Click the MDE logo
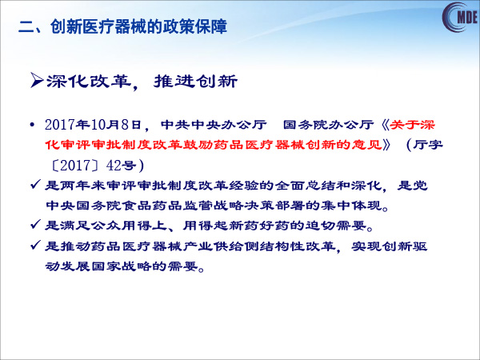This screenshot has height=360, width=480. [461, 17]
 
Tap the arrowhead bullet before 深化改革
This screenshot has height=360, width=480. [37, 80]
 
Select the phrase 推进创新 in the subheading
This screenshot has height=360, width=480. [195, 81]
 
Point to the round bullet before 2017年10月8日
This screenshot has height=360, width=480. [32, 126]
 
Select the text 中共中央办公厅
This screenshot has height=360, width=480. [214, 125]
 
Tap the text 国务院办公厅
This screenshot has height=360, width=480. [328, 125]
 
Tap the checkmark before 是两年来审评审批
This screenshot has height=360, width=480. [35, 185]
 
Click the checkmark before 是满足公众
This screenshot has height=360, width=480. [35, 225]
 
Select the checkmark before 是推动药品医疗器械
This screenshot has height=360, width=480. [35, 246]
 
